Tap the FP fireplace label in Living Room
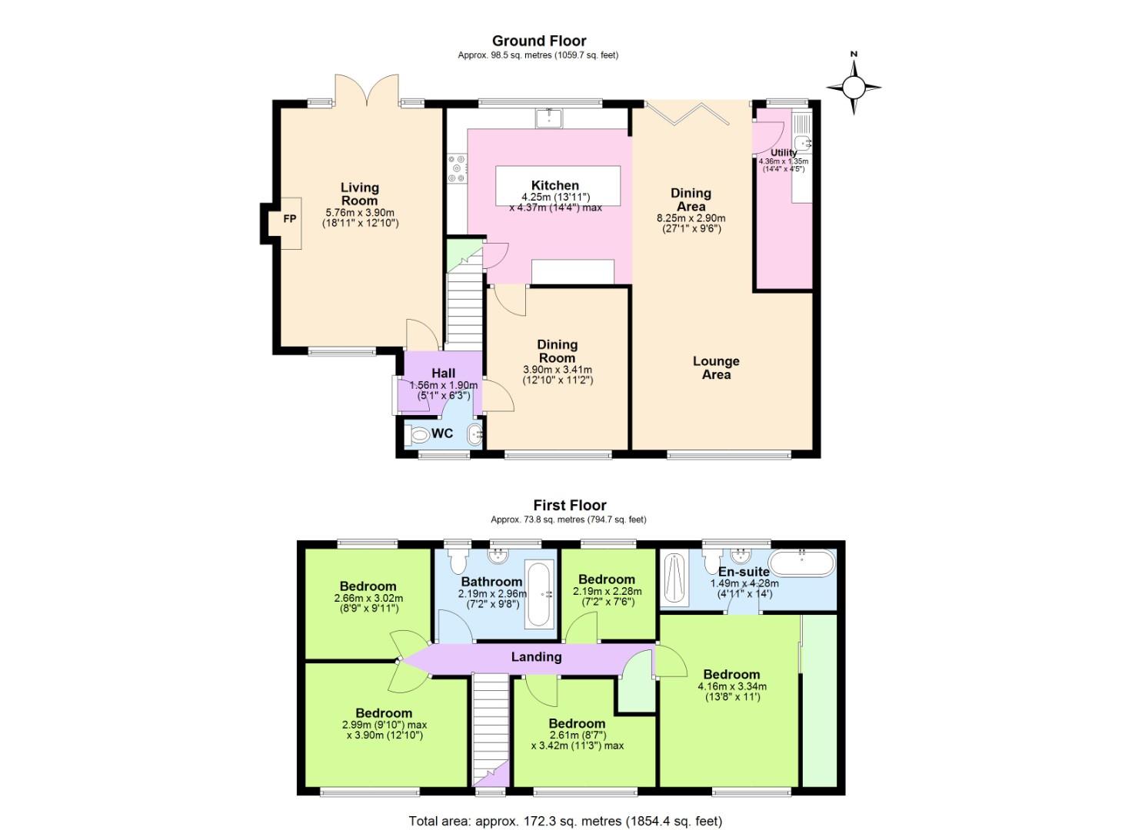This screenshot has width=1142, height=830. coord(290,219)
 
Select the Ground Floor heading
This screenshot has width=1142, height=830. coord(538,41)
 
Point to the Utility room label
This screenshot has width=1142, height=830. coord(783,153)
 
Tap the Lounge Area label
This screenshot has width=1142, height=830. coord(715,367)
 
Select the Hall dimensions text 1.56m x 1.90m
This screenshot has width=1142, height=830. coord(443,386)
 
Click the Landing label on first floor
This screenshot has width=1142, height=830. coord(536,656)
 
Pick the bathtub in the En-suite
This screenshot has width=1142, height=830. coord(801,563)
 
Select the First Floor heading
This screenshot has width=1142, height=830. coord(569,505)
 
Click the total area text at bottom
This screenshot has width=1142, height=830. coord(565,821)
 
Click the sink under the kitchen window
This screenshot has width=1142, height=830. coord(549,118)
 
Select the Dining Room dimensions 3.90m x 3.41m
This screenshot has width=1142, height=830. coord(557,370)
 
